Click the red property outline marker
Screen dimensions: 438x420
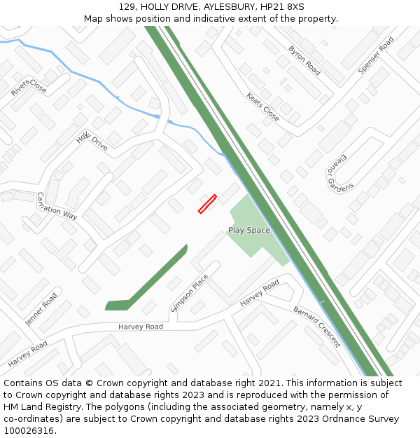tap(207, 204)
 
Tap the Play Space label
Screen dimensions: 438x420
tap(248, 230)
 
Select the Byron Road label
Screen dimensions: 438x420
tap(304, 60)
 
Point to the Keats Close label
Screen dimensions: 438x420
tap(262, 107)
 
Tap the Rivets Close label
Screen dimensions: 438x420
tap(29, 88)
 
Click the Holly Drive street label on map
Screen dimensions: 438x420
tap(92, 140)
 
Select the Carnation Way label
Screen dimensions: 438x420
tap(56, 206)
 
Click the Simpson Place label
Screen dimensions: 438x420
tap(190, 292)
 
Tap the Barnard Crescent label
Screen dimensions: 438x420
tap(316, 327)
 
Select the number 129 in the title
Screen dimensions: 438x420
tap(127, 6)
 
